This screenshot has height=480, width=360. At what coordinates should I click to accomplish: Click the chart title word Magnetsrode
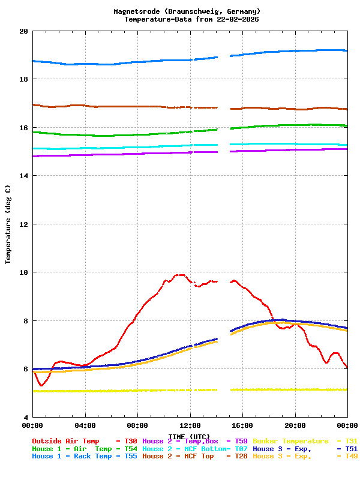[139, 11]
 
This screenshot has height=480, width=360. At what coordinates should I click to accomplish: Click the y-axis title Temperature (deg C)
[8, 224]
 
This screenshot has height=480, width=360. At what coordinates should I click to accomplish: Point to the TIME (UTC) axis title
[190, 436]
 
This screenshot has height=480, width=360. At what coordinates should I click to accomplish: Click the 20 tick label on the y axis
[23, 31]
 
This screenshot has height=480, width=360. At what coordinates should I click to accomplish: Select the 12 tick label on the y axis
[23, 224]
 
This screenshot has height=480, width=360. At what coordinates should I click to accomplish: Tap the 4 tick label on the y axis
[25, 417]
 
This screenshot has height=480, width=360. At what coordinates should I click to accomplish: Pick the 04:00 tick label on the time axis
[85, 425]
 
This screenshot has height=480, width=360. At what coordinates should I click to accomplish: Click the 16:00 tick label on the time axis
[242, 425]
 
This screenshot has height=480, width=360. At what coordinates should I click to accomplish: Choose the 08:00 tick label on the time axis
[137, 425]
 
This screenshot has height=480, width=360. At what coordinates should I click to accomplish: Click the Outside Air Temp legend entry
[65, 441]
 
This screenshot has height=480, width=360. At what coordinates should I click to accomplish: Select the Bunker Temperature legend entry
[291, 441]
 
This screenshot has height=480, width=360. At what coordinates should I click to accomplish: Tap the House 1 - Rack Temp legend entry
[71, 456]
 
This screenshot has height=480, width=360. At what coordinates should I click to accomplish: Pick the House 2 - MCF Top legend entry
[178, 456]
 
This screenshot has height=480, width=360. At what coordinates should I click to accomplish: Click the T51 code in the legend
[351, 448]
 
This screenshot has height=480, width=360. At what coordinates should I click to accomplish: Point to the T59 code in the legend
[241, 441]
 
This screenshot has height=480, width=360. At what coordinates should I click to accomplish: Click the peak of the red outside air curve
[179, 275]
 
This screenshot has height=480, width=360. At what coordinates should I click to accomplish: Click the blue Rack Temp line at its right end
[346, 50]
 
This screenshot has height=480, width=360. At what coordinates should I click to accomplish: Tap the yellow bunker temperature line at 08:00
[137, 390]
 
